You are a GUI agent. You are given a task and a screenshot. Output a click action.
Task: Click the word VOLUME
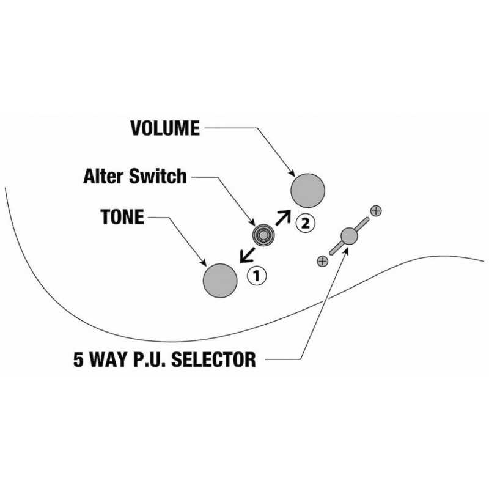[x=165, y=128]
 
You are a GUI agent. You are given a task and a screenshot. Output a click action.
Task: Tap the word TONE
[x=122, y=217]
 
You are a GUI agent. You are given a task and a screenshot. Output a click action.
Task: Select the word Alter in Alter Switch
[x=104, y=176]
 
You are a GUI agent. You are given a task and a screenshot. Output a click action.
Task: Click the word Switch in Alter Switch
[x=158, y=176]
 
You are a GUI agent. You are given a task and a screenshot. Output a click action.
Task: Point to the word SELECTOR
[x=213, y=359]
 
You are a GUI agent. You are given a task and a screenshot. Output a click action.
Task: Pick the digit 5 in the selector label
[x=79, y=359]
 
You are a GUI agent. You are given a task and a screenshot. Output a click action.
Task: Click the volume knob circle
[x=308, y=191]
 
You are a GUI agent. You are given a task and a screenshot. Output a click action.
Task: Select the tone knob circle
[x=220, y=281]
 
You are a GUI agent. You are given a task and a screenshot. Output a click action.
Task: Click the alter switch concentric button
[x=263, y=235]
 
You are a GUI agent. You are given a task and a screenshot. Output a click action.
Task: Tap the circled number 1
[x=257, y=276]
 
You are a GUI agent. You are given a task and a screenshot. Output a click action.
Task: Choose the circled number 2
[x=306, y=223]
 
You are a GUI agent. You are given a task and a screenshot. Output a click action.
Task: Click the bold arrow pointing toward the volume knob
[x=283, y=218]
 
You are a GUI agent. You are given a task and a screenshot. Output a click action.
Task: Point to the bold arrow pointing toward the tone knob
[x=248, y=255]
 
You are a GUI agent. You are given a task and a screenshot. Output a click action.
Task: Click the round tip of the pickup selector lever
[x=349, y=236]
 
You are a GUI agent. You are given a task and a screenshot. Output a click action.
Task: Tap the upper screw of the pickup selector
[x=376, y=211]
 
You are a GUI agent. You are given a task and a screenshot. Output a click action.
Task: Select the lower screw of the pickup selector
[x=323, y=261]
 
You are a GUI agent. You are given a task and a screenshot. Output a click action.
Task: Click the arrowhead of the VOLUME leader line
[x=292, y=173]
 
